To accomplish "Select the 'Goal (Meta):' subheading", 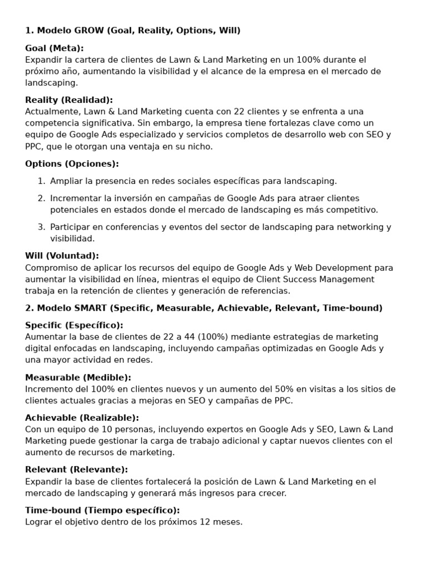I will coord(54,48).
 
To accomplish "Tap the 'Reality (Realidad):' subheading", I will coord(69,100).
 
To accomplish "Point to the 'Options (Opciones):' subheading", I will coord(72,164).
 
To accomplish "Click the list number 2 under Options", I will coord(41,198).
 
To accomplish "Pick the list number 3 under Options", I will coord(41,227).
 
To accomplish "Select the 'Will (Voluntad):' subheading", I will coord(62,256).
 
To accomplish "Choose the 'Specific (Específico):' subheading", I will coord(74,325).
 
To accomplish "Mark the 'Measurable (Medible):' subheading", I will coord(78,377).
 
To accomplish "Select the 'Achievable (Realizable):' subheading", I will coord(82,418).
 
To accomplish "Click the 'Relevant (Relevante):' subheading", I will coord(76,470).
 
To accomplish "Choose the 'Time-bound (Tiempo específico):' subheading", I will coord(102,510).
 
